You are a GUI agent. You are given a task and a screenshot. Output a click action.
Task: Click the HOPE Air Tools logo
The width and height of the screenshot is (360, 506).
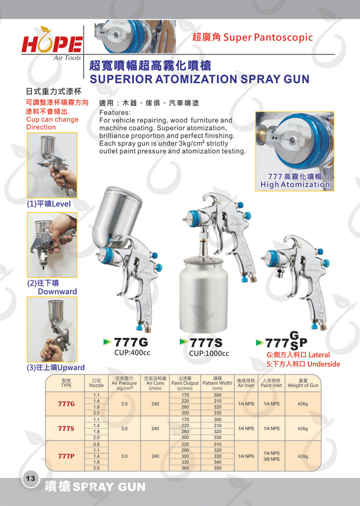(x=52, y=43)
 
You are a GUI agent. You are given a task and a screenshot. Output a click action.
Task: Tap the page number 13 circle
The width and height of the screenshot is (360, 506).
(x=30, y=478)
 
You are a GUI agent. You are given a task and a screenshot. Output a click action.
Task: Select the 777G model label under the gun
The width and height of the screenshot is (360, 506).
(x=131, y=342)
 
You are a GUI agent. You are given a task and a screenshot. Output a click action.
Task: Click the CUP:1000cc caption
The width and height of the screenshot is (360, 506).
(x=209, y=353)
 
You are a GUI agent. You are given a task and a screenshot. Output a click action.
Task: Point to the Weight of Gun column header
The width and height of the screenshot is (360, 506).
(x=303, y=383)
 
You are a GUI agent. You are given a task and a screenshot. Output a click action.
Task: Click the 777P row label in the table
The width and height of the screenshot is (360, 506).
(x=66, y=456)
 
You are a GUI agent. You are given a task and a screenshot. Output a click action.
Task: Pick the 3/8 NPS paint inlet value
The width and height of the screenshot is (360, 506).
(x=271, y=459)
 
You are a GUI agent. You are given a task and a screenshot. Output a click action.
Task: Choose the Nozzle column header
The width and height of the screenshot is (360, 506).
(x=96, y=383)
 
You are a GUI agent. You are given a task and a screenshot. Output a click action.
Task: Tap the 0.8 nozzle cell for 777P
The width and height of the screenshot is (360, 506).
(x=96, y=444)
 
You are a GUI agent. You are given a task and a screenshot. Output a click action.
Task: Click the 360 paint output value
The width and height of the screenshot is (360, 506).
(x=185, y=468)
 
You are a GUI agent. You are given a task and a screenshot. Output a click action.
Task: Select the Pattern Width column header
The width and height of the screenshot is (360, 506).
(x=217, y=383)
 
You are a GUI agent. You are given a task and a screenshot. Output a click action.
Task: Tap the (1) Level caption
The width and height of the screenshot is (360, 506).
(x=48, y=204)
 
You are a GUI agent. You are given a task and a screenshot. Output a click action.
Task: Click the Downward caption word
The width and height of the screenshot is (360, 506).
(x=57, y=291)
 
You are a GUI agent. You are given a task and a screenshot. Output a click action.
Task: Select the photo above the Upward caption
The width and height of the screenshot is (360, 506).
(x=52, y=329)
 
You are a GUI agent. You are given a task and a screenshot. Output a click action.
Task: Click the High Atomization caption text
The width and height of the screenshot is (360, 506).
(x=295, y=185)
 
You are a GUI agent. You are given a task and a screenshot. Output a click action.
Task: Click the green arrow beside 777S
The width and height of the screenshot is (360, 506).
(x=183, y=341)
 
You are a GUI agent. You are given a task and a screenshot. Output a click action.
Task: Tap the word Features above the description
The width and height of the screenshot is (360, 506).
(x=115, y=113)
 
